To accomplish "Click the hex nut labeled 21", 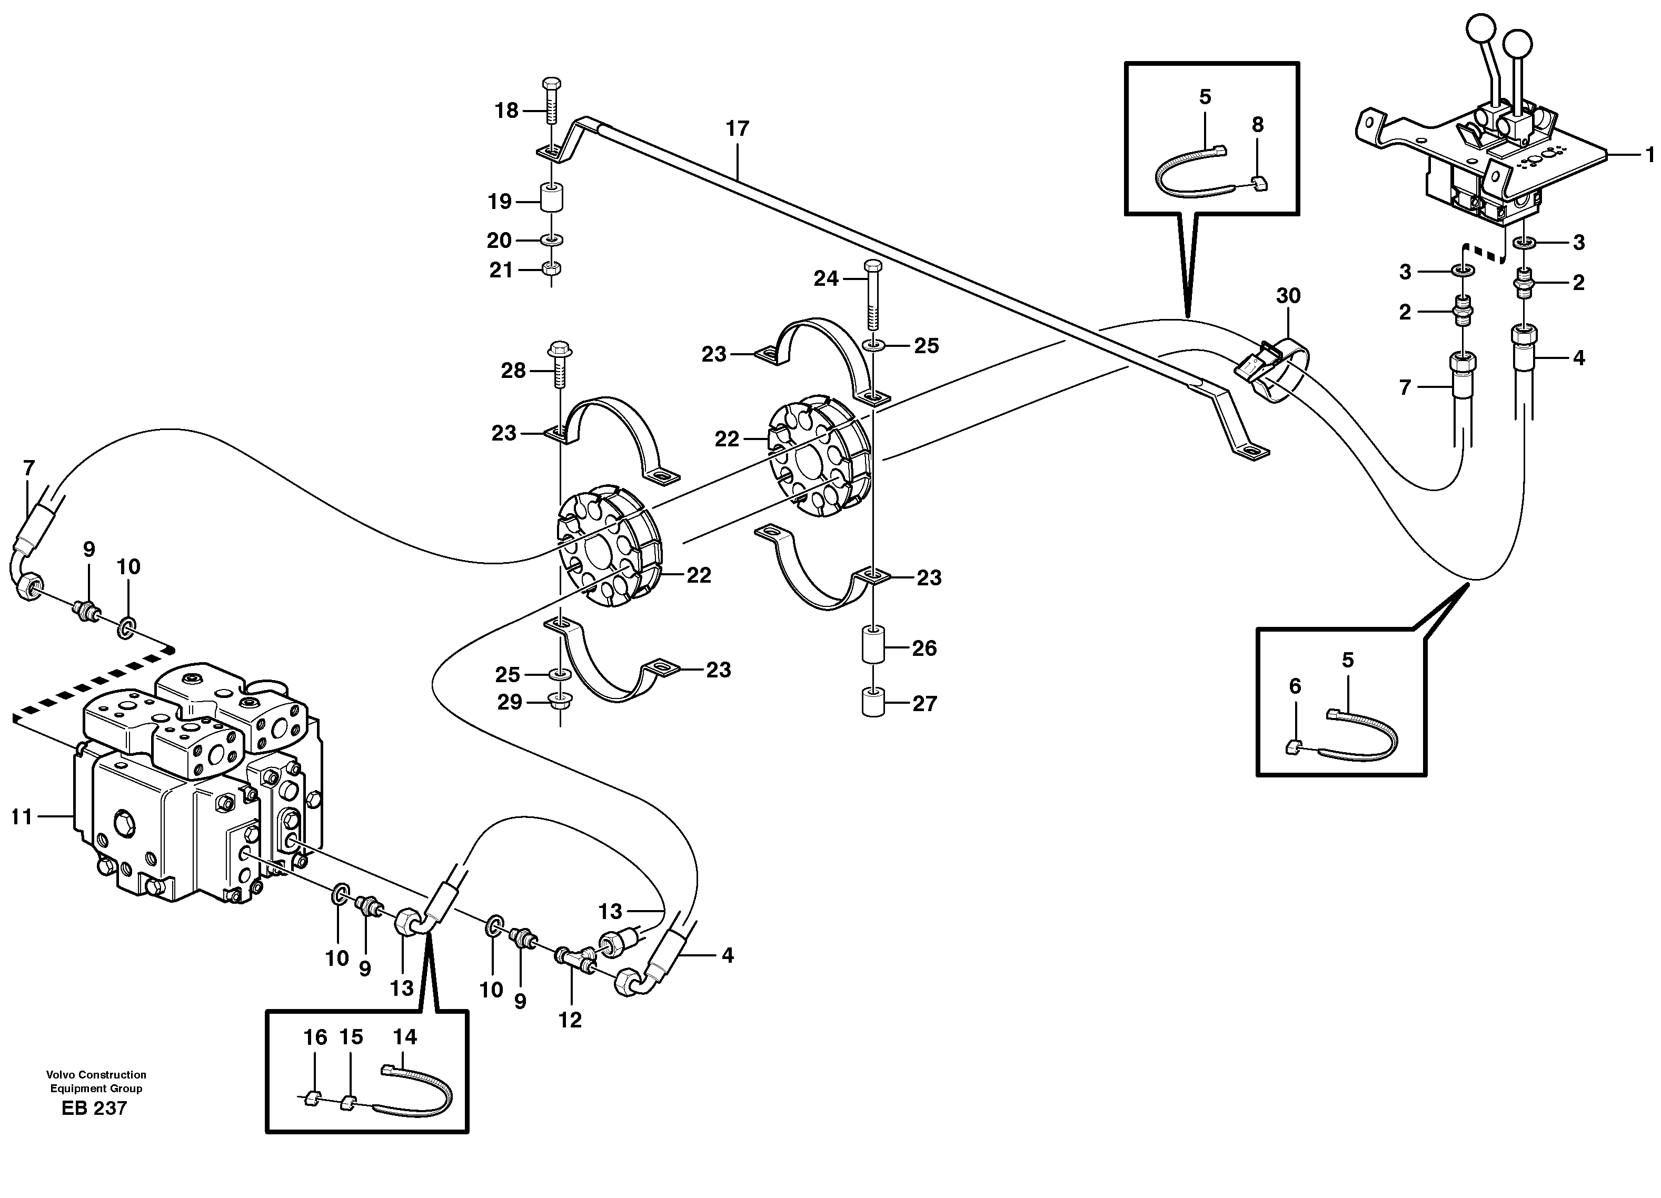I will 551,269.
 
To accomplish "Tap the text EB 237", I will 94,1108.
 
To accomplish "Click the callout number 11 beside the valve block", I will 22,816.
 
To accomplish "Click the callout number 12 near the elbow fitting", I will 570,1020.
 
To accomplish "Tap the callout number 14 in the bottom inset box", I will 404,1037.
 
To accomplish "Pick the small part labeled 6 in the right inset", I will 1294,747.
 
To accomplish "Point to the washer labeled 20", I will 551,239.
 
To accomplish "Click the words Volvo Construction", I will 96,1075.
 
